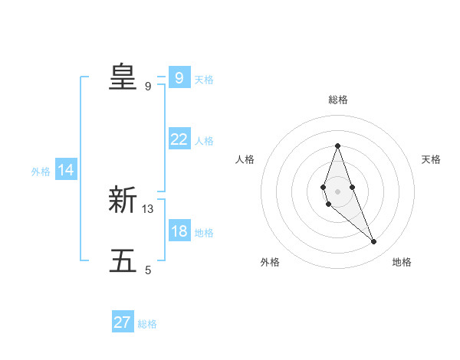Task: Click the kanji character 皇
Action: tap(123, 77)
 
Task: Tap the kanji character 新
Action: tap(123, 200)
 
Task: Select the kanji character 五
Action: tap(123, 261)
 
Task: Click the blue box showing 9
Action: tap(179, 78)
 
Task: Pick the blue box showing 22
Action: tap(179, 139)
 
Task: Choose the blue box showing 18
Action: tap(179, 231)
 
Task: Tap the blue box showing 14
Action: tap(66, 170)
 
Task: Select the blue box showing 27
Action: tap(123, 322)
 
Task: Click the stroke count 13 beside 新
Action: tap(148, 208)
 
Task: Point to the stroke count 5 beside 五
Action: tap(148, 270)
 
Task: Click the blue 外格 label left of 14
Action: tap(41, 172)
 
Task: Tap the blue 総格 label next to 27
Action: tap(147, 324)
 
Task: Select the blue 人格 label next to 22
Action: tap(204, 141)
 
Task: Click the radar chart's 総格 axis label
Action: tap(337, 100)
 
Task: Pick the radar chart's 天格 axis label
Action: tap(431, 159)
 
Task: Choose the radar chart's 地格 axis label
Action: tap(402, 262)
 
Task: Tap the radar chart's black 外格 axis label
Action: tap(270, 262)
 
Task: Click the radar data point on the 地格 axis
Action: tap(374, 242)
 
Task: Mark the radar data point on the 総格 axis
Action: tap(337, 146)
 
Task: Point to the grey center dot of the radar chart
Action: tap(337, 191)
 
